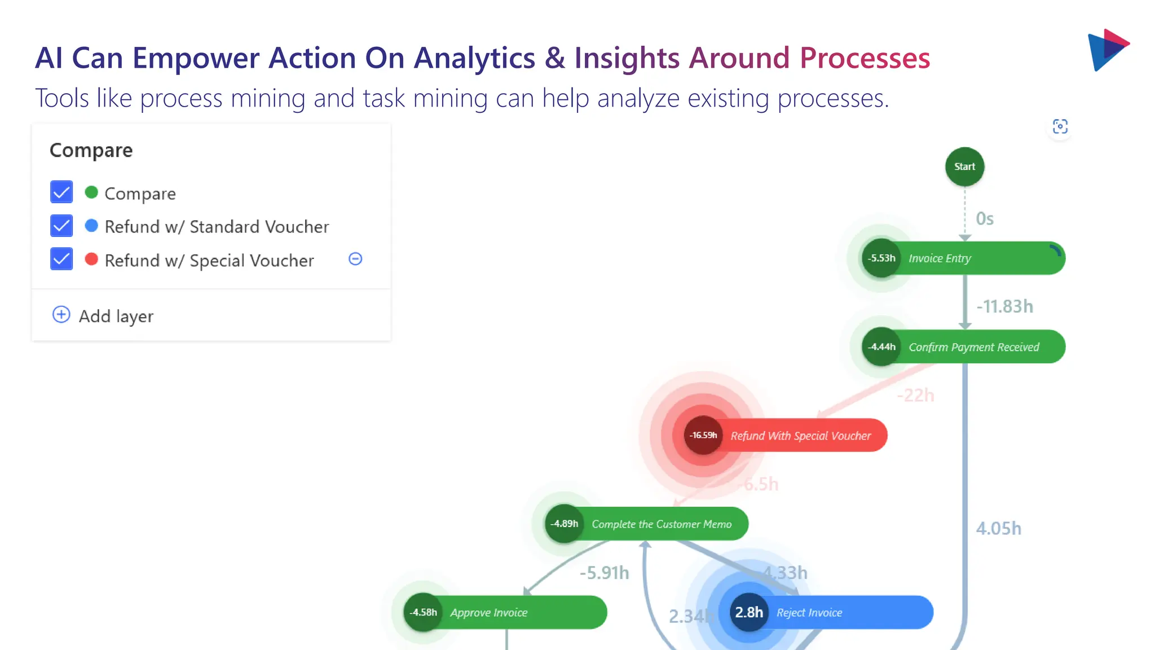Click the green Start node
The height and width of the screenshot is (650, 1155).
click(x=964, y=167)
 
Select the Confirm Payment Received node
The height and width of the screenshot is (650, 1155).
click(x=964, y=347)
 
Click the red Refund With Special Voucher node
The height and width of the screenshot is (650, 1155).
click(x=790, y=436)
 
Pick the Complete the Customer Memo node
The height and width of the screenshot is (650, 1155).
click(x=649, y=524)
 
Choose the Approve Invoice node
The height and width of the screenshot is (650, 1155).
click(x=508, y=613)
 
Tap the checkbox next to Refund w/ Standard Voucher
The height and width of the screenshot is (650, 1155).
click(x=61, y=226)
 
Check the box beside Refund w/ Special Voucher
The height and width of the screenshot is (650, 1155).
click(x=61, y=260)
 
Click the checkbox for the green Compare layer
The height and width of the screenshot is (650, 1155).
click(x=61, y=192)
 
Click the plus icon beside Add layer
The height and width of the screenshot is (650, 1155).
click(x=61, y=315)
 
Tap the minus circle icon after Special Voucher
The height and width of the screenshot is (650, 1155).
click(x=355, y=259)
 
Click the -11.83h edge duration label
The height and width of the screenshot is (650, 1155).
click(x=1004, y=306)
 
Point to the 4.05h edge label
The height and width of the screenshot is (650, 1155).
click(x=998, y=529)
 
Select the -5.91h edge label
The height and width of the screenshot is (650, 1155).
click(x=604, y=573)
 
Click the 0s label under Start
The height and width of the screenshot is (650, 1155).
click(x=985, y=219)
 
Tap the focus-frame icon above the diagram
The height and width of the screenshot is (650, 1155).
click(x=1060, y=126)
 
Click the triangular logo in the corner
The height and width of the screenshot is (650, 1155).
click(x=1106, y=50)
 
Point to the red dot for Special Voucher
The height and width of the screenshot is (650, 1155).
click(x=91, y=259)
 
